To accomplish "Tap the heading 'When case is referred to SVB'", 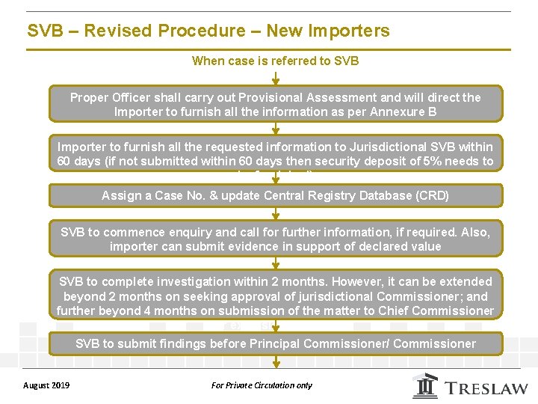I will pos(275,61).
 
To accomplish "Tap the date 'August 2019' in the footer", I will pos(47,385).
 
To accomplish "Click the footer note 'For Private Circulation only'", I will pos(262,385).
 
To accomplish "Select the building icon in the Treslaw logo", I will pos(426,386).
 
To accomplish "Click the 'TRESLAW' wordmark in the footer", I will pos(485,388).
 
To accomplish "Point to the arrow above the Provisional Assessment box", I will pos(276,78).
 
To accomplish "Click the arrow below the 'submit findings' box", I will pos(276,361).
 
